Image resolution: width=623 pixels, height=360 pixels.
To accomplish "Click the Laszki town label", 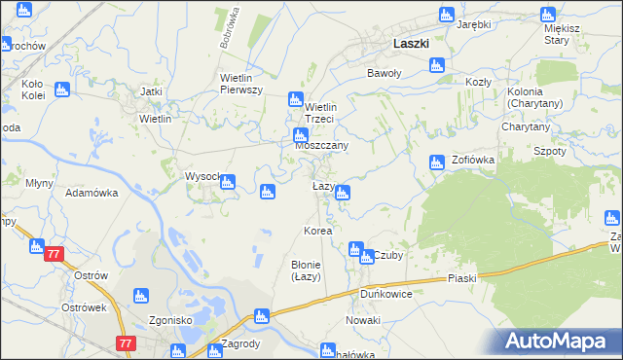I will click(412, 44).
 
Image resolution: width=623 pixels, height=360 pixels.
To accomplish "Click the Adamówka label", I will click(92, 193).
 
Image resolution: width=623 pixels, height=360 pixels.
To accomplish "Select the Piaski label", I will click(462, 278).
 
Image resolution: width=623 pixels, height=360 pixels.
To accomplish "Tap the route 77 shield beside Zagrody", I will click(124, 343).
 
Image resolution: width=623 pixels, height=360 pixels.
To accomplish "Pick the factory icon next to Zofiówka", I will click(437, 162).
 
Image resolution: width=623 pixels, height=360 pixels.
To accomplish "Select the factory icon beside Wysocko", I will click(228, 182).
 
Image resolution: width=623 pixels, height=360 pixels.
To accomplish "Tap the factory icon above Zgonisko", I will click(141, 296).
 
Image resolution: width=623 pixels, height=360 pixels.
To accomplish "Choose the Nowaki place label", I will click(362, 320).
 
